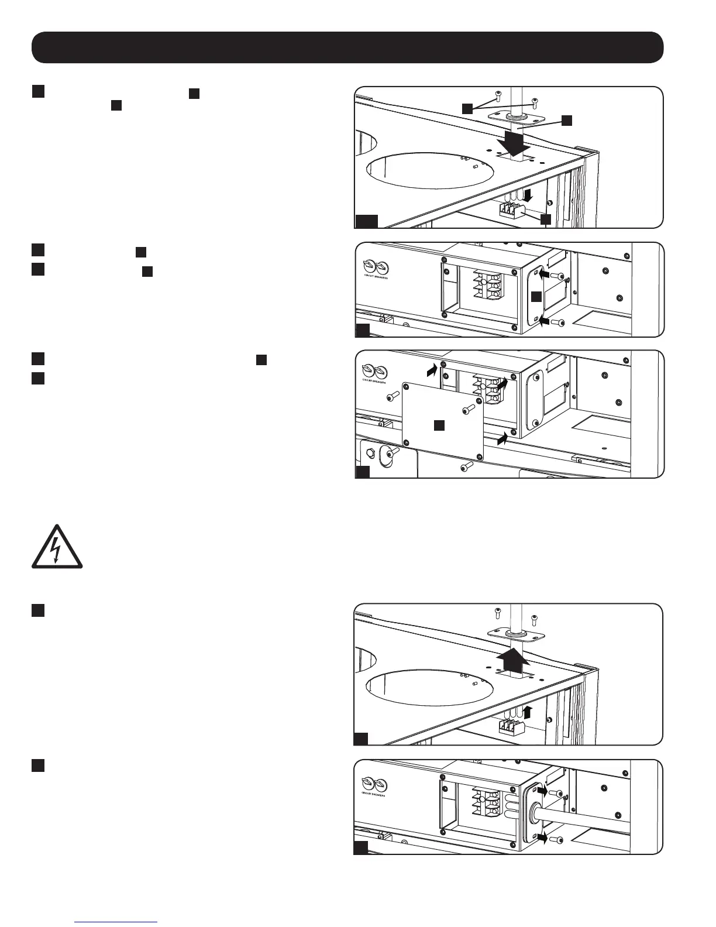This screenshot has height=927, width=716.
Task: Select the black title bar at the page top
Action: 347,47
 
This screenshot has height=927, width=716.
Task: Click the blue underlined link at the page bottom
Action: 116,921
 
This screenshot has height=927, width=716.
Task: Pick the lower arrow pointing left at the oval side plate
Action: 544,321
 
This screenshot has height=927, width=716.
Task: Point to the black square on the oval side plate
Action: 536,297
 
